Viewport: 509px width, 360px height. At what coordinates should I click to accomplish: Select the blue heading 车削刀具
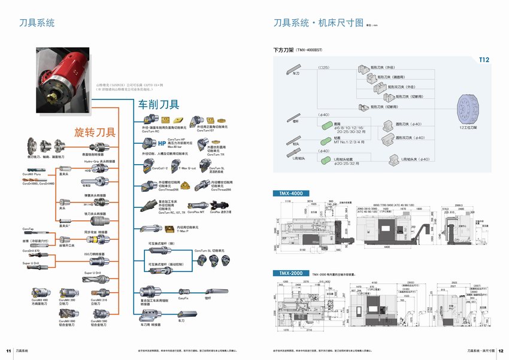pos(159,104)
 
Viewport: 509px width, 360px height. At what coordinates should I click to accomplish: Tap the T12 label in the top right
pos(483,60)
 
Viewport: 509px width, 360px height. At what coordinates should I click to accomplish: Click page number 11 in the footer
pos(8,350)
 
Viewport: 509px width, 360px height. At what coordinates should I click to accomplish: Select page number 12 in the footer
pos(501,350)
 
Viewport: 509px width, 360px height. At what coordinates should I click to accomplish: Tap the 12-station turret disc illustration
pos(468,111)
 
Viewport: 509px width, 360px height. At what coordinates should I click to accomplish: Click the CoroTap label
pos(28,229)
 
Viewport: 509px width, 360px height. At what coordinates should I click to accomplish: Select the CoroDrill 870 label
pos(32,251)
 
